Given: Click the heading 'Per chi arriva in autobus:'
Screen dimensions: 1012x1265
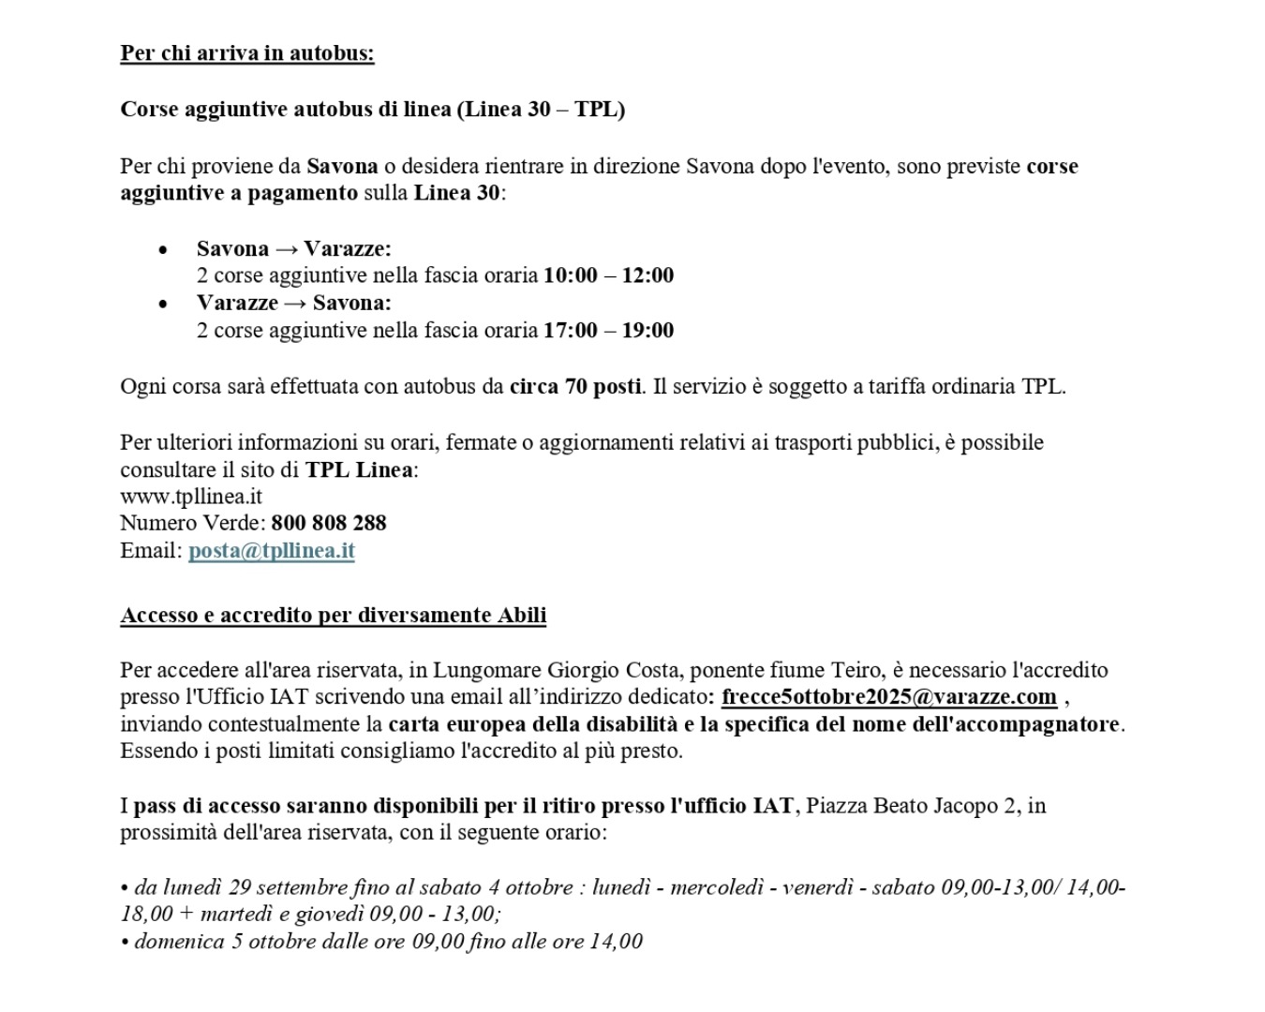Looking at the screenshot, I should point(246,52).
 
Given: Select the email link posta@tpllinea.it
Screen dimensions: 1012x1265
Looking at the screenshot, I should point(271,550).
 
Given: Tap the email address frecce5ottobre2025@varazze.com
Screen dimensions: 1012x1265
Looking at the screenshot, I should point(888,697).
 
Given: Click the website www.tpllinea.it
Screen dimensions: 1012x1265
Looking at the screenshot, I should point(190,497).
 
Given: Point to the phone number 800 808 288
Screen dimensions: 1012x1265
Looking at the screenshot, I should point(329,523).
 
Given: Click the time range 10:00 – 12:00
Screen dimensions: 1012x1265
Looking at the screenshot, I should point(608,275).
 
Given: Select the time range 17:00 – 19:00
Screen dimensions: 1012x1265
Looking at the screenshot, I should point(608,330).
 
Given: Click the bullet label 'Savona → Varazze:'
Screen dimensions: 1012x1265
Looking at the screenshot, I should point(293,248).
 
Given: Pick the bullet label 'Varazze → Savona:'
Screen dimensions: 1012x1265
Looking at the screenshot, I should point(293,303).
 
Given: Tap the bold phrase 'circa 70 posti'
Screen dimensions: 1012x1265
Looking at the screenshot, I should point(575,386).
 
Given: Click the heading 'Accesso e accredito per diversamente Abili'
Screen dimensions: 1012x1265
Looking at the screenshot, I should point(333,615).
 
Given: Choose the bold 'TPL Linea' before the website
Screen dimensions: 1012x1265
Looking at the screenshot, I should point(358,469).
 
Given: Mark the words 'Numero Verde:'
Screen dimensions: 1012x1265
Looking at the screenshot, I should point(192,523).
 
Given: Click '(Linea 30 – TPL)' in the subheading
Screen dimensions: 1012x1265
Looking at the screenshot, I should point(541,109).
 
